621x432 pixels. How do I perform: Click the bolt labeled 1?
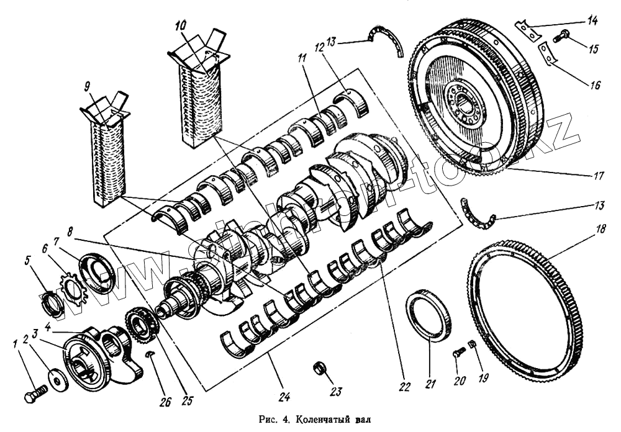tap(35, 394)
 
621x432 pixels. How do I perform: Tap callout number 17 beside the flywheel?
tap(597, 176)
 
